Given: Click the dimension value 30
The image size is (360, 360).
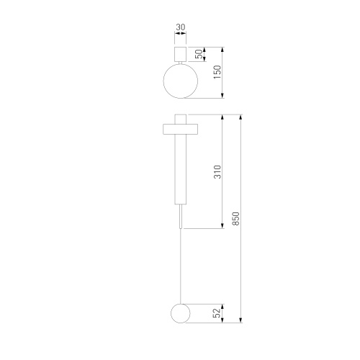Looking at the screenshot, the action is point(181,27).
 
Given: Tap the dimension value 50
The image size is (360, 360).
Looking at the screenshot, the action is point(199,54).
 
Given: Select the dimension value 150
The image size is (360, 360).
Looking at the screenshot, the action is point(217,72).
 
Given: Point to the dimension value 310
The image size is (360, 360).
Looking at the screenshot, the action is point(217,171).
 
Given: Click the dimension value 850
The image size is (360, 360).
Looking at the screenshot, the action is point(235,218).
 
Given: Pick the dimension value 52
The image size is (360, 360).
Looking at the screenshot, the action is point(217,313).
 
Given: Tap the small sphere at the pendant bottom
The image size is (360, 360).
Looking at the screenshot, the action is point(181,313).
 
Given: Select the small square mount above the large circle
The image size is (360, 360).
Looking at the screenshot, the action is point(181,54).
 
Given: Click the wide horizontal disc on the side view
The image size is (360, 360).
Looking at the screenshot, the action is point(181,129).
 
